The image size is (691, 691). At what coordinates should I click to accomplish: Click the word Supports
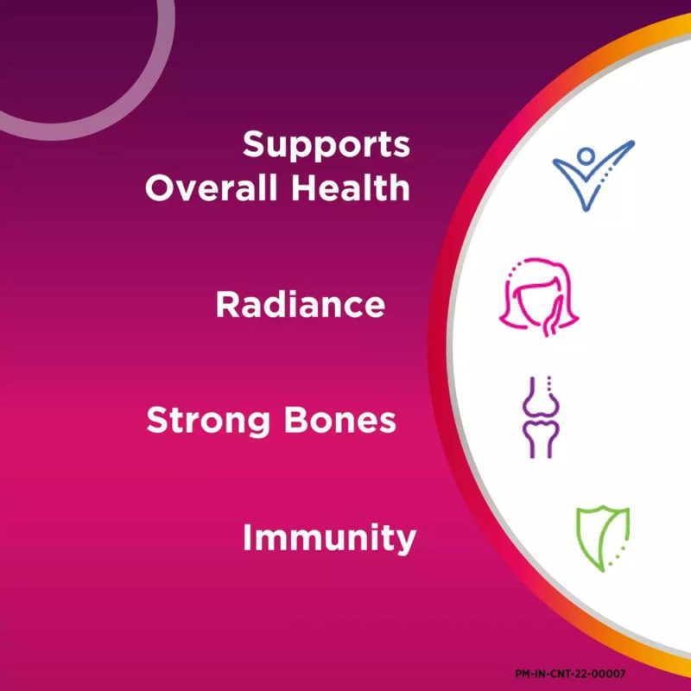(x=326, y=145)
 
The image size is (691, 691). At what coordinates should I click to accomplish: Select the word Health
(x=351, y=187)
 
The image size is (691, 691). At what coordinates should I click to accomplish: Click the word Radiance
(x=300, y=305)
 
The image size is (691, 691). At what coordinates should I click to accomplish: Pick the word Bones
(x=339, y=420)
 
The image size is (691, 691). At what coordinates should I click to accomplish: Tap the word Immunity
(x=329, y=538)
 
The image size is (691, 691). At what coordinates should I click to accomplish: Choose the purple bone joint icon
(x=542, y=417)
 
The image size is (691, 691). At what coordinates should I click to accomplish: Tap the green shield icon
(x=602, y=539)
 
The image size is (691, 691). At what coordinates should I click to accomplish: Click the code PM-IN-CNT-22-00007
(x=570, y=674)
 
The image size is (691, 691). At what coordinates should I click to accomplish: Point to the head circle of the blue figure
(x=586, y=156)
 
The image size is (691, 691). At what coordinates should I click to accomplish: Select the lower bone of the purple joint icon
(x=542, y=439)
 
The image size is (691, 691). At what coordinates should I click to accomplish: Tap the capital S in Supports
(x=253, y=144)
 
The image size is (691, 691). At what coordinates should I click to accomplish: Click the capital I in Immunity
(x=247, y=536)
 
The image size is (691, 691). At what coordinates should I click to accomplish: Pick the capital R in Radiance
(x=227, y=304)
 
